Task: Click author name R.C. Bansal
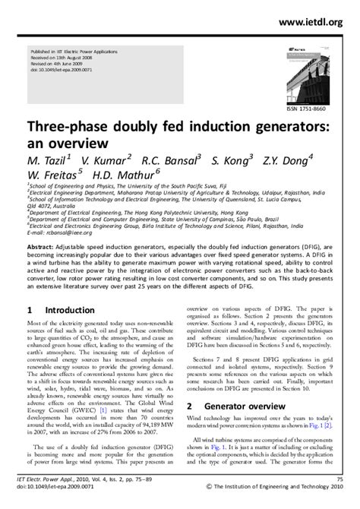click(x=172, y=160)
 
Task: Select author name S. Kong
click(x=234, y=160)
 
